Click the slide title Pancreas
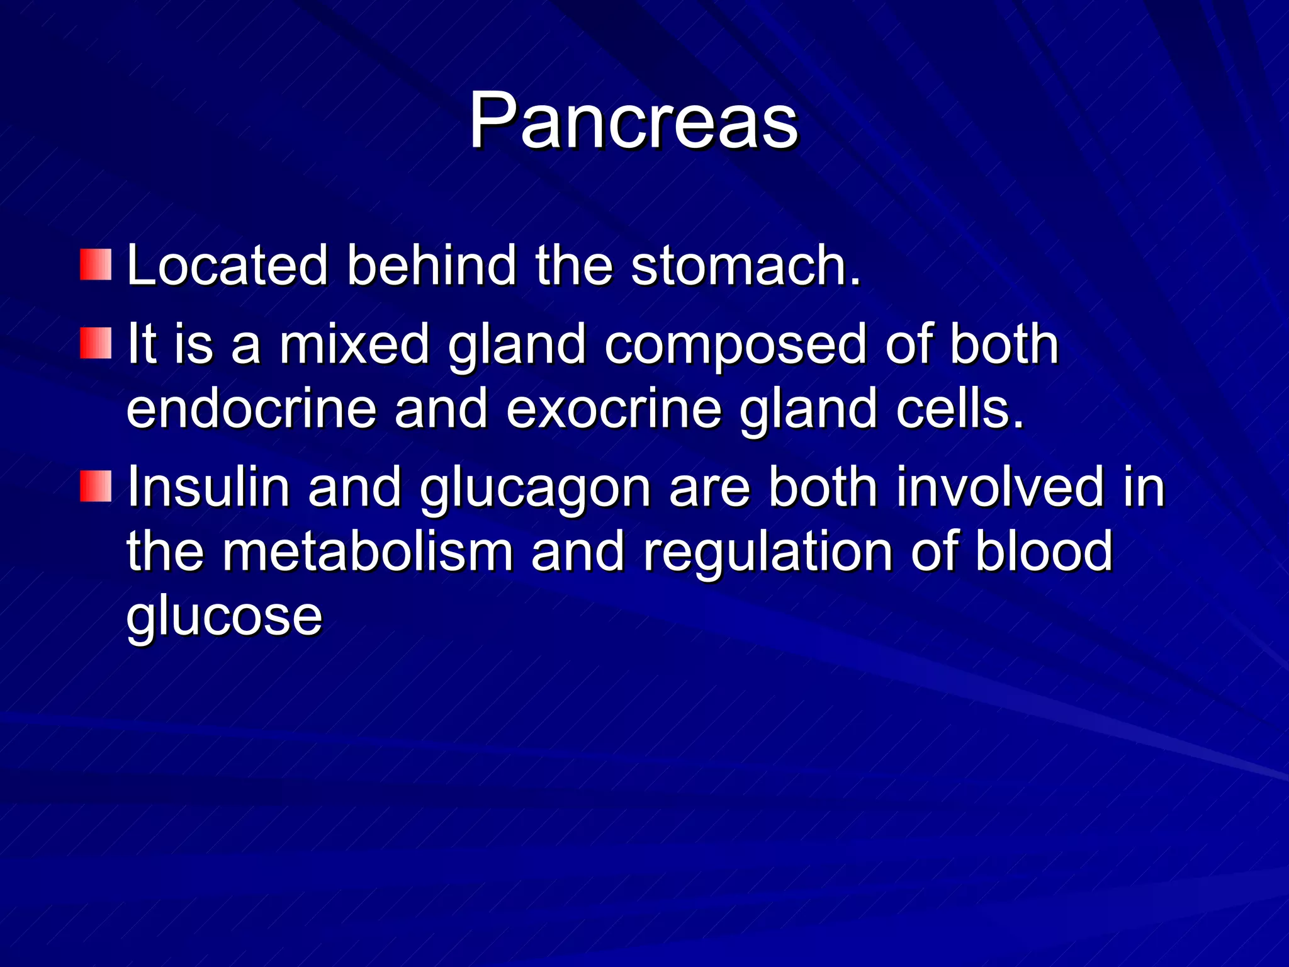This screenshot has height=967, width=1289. [633, 121]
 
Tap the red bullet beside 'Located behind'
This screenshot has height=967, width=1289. [96, 264]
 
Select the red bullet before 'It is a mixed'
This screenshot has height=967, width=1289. [96, 343]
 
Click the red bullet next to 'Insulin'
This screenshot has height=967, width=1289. [96, 486]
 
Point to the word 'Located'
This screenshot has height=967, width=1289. [227, 266]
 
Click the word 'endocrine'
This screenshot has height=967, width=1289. [251, 409]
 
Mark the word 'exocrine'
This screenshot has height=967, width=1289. [614, 409]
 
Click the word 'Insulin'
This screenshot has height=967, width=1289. [208, 487]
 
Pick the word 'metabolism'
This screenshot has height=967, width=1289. [368, 551]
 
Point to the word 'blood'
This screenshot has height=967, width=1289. [1044, 551]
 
